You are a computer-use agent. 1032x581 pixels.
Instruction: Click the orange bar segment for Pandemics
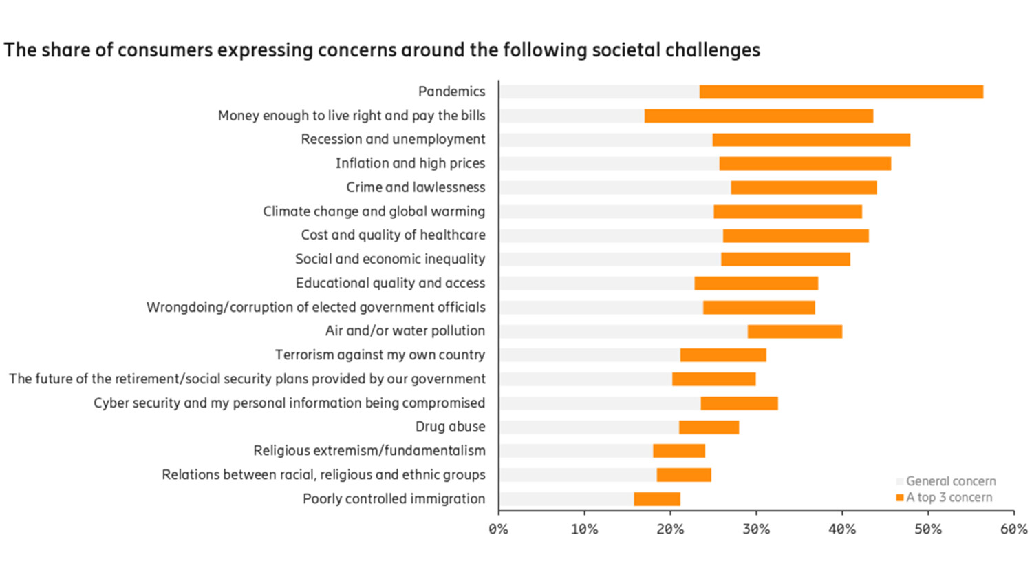pos(841,92)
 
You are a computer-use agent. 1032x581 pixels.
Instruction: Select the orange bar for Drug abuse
pos(709,427)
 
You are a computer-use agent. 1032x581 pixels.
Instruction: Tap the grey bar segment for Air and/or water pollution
pos(623,332)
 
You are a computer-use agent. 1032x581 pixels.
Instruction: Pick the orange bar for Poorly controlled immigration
pos(657,499)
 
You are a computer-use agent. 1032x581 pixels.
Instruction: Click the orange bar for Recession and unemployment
pos(811,140)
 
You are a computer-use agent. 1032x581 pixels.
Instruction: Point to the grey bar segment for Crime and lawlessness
pos(615,188)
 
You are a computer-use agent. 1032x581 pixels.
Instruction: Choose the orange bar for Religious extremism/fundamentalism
pos(679,451)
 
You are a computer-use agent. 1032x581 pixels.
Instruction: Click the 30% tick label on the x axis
pos(756,529)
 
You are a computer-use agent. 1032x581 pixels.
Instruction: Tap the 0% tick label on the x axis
pos(498,529)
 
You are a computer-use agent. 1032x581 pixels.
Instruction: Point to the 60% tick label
pos(1013,529)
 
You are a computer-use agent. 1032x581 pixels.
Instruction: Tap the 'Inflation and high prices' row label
pos(410,163)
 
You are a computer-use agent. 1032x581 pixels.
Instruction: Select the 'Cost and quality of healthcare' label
pos(393,235)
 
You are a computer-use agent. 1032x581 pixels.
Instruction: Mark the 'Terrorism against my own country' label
pos(380,355)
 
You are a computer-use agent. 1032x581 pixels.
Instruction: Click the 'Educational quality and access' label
pos(390,283)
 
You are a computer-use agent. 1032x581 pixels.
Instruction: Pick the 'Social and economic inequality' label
pos(390,259)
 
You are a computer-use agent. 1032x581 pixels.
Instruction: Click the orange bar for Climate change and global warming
pos(788,212)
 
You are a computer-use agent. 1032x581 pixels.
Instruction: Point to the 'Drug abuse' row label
pos(450,427)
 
